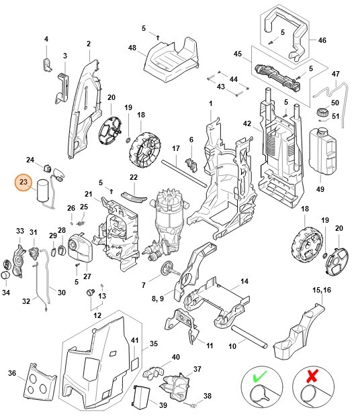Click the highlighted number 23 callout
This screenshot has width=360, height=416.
tap(24, 183)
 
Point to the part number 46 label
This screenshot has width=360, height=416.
tap(322, 40)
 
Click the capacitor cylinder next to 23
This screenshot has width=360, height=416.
tap(43, 189)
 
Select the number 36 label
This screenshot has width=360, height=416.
tap(11, 374)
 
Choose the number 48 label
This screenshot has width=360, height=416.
tap(132, 48)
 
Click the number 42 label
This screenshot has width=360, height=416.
tap(246, 123)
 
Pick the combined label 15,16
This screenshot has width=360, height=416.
tap(321, 289)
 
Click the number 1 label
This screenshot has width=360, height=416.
tap(210, 103)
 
